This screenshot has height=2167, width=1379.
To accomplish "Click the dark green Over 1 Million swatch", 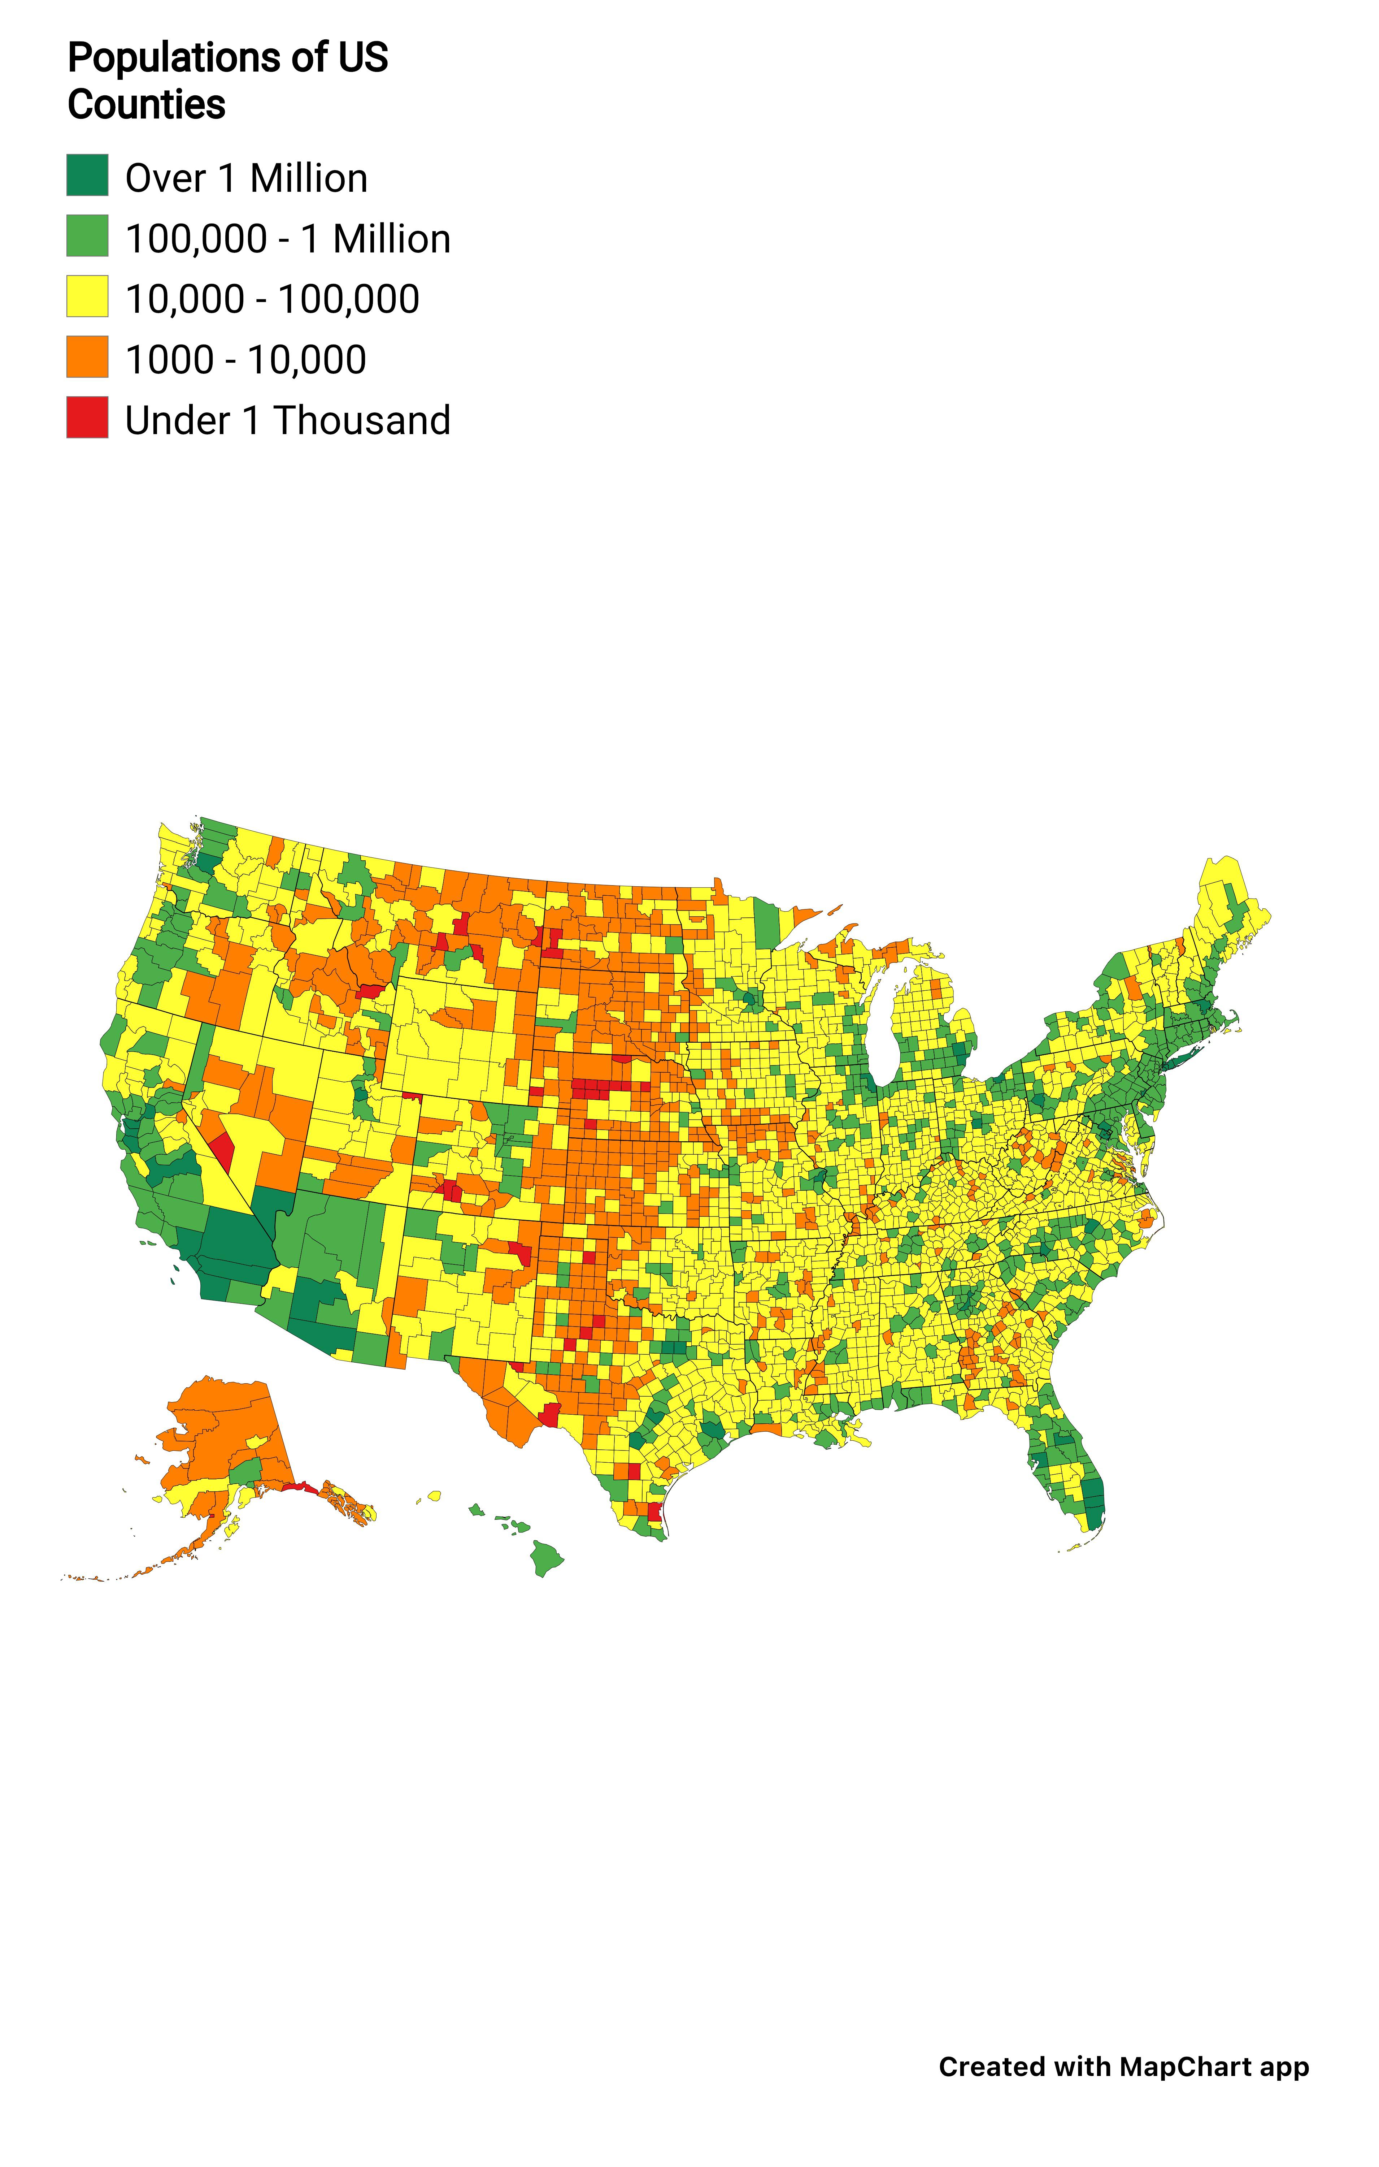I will coord(87,176).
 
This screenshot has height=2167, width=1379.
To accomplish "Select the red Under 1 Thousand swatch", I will coord(87,418).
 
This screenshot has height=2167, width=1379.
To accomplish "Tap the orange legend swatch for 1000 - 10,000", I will coord(87,357).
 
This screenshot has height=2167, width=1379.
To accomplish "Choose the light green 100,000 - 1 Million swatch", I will coord(87,236).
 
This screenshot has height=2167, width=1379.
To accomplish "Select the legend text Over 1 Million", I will coord(245,178).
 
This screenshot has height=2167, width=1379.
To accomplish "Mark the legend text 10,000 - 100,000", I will coord(272,300).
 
